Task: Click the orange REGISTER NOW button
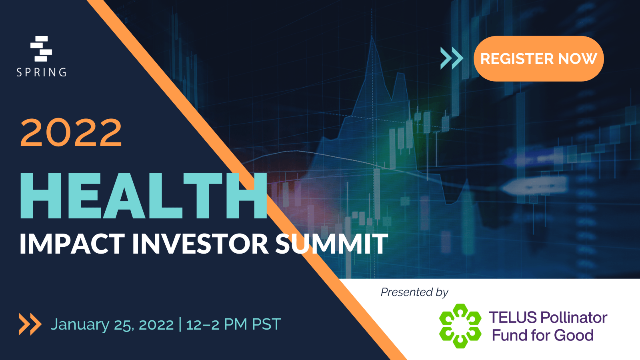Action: pyautogui.click(x=538, y=58)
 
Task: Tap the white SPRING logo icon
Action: pyautogui.click(x=41, y=48)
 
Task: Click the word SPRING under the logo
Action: pyautogui.click(x=42, y=72)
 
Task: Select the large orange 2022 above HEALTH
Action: pyautogui.click(x=71, y=132)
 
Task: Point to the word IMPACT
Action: pyautogui.click(x=72, y=244)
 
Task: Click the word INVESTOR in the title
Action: pyautogui.click(x=200, y=244)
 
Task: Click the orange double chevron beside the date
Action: pyautogui.click(x=30, y=324)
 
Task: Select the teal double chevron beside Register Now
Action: pyautogui.click(x=452, y=58)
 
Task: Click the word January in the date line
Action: pyautogui.click(x=80, y=325)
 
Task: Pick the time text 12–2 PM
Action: pyautogui.click(x=216, y=324)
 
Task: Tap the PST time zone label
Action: pyautogui.click(x=266, y=324)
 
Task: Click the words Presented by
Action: pyautogui.click(x=414, y=292)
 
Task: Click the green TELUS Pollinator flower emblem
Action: pyautogui.click(x=460, y=326)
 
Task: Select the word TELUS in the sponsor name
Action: pyautogui.click(x=513, y=318)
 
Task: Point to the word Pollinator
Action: pyautogui.click(x=574, y=318)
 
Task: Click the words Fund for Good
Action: pyautogui.click(x=542, y=335)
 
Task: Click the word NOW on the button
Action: pyautogui.click(x=577, y=58)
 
